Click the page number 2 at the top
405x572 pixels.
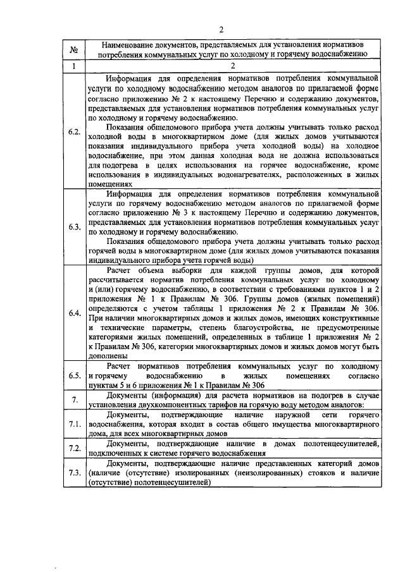point(221,29)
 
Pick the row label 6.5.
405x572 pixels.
point(73,376)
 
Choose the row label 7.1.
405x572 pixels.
point(73,423)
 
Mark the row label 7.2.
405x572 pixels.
point(73,448)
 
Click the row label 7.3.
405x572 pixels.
point(73,473)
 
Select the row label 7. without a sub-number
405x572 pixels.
point(73,400)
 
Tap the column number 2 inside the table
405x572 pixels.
point(233,66)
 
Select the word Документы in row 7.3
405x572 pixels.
point(127,464)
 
